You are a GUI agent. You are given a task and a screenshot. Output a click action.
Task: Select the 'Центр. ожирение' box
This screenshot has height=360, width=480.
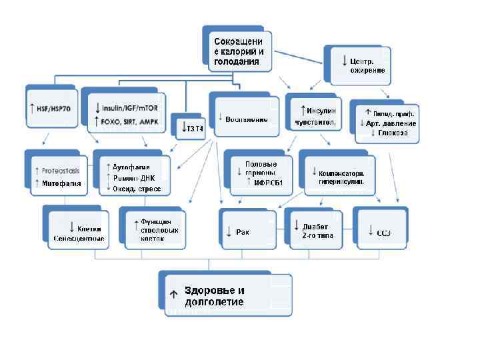point(361,65)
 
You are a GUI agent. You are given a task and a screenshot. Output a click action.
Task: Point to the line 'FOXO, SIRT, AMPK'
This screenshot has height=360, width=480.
point(131,121)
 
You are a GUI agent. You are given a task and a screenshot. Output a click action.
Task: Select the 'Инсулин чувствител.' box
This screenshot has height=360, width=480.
point(315,115)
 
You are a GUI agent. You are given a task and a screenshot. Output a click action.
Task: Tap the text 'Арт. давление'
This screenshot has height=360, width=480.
point(390,123)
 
